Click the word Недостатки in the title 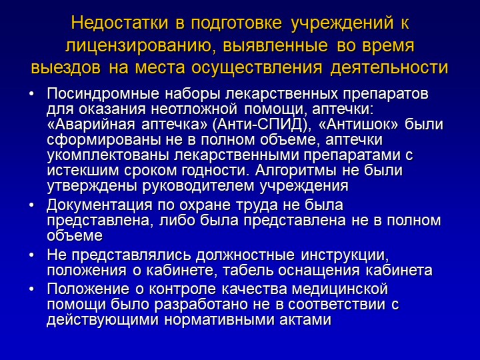point(120,23)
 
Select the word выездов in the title point(66,68)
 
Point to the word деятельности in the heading point(389,68)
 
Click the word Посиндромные point(103,94)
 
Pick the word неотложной point(194,109)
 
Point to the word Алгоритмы point(296,171)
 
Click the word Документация point(99,205)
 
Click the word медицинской point(340,289)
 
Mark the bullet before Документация point(31,205)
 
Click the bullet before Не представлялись point(31,255)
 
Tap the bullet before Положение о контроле point(31,289)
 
